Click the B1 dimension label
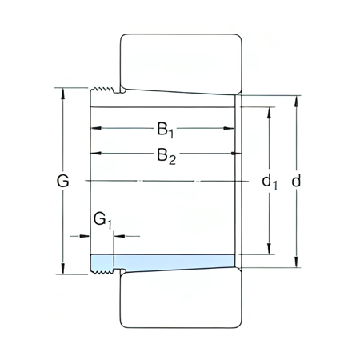click(x=166, y=128)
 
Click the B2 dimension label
click(x=166, y=156)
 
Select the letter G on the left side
click(x=63, y=182)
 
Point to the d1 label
click(x=270, y=182)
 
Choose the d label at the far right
click(x=297, y=182)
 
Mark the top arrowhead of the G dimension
click(x=63, y=91)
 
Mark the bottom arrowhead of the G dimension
click(x=63, y=270)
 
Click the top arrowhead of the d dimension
click(x=297, y=100)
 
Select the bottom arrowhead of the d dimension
click(x=297, y=262)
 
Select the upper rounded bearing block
click(x=180, y=60)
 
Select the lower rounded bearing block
click(x=180, y=302)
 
